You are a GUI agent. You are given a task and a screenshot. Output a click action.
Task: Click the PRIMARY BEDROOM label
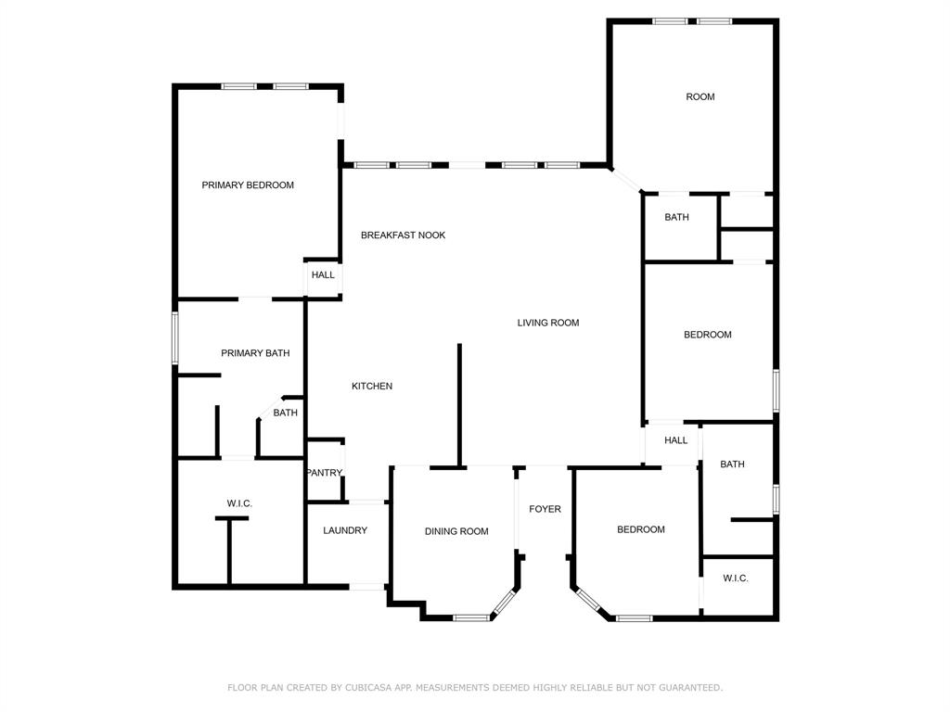pos(248,185)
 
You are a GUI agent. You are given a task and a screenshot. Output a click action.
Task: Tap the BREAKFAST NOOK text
pos(403,235)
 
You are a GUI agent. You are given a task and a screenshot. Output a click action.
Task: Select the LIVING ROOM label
pos(547,324)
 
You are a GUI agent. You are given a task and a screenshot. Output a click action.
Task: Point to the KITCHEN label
pos(371,387)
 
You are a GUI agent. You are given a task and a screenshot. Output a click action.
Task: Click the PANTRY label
pos(325,473)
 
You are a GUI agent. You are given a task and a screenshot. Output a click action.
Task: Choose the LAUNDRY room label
pos(345,531)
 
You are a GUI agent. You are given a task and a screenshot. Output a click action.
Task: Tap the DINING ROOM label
pos(456,531)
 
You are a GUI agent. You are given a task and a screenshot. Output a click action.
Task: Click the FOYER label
pos(545,509)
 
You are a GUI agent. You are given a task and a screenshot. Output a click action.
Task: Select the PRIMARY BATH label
pos(255,353)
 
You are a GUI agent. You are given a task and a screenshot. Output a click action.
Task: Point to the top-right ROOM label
pos(700,97)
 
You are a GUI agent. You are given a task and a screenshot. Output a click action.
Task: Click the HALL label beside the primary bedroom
pos(323,275)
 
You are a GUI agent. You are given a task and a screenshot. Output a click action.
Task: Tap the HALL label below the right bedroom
pos(675,440)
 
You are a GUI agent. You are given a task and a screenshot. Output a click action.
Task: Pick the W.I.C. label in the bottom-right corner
pos(735,578)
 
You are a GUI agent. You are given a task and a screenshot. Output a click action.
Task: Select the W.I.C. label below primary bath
pos(239,503)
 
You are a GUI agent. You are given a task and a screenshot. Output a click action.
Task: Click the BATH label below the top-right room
pos(676,218)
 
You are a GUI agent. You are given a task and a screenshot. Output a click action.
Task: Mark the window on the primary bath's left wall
pos(174,337)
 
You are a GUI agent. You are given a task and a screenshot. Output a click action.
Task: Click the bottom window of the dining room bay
pos(471,617)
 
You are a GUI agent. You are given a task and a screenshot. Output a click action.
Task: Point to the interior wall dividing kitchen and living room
pos(458,404)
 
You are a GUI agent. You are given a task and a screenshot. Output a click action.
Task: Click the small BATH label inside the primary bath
pos(285,413)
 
